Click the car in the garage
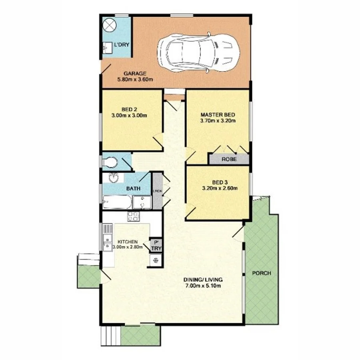click(199, 50)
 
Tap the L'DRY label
click(122, 45)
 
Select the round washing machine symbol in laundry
click(109, 25)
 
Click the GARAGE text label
click(135, 74)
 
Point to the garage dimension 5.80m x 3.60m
click(135, 80)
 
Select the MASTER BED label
click(217, 114)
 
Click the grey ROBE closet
click(229, 159)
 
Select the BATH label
click(133, 188)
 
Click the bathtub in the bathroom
click(116, 202)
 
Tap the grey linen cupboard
click(157, 190)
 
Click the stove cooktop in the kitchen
click(133, 216)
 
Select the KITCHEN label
click(128, 242)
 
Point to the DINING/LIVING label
click(203, 280)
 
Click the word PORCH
click(261, 274)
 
